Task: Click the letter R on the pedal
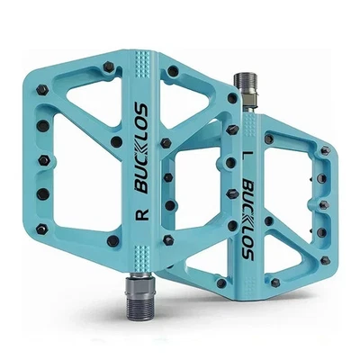(x=143, y=216)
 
